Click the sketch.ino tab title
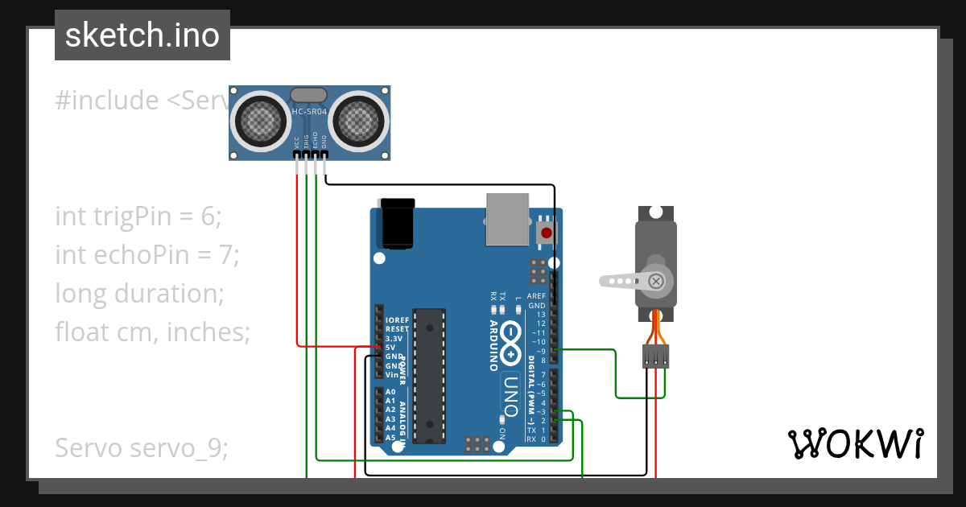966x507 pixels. click(142, 35)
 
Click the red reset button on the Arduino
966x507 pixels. click(547, 233)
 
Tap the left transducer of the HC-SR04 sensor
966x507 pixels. click(261, 122)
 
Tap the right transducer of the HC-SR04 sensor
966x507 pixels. click(357, 122)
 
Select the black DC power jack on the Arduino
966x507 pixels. click(398, 224)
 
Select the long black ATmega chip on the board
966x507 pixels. click(428, 374)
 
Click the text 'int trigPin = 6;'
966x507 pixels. click(138, 216)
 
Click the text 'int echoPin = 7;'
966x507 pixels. click(147, 254)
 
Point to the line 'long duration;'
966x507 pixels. click(139, 293)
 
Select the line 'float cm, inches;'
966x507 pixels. click(153, 331)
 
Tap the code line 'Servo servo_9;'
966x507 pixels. click(142, 447)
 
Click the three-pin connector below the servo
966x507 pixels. click(655, 356)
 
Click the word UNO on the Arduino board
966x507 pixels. click(513, 397)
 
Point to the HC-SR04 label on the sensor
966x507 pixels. click(309, 113)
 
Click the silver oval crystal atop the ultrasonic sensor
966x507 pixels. click(308, 96)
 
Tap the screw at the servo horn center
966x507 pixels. click(656, 281)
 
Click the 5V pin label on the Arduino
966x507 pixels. click(390, 348)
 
